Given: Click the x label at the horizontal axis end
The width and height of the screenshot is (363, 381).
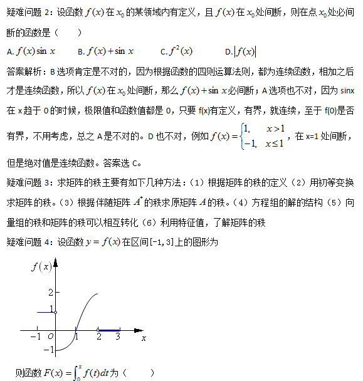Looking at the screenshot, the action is click(144, 338).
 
